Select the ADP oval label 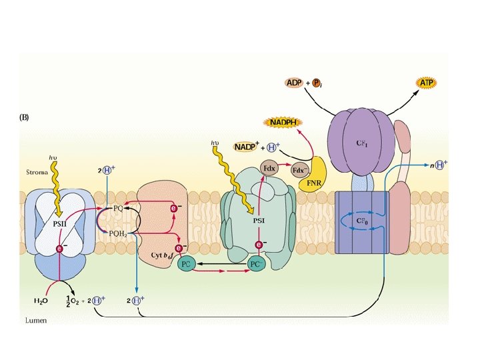[x=293, y=83]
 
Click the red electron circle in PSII [x=59, y=248]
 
